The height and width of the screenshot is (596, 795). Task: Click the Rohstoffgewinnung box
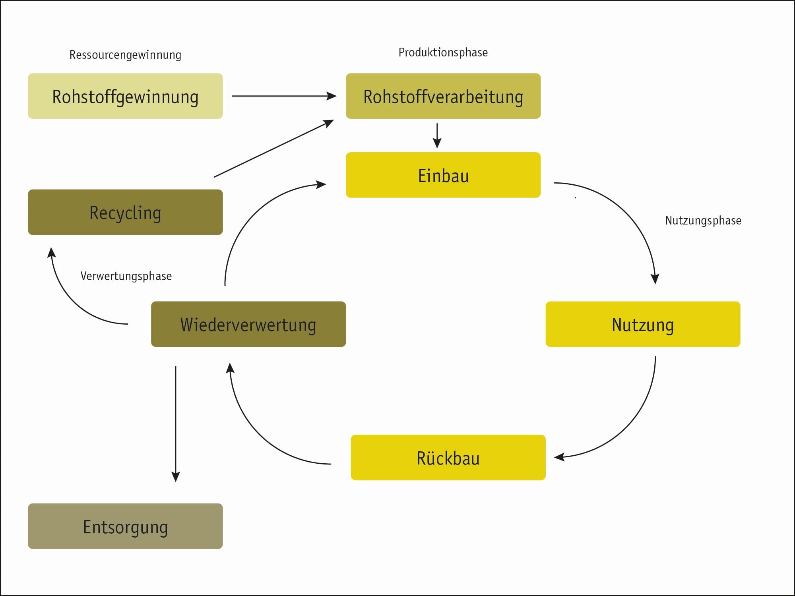(x=125, y=96)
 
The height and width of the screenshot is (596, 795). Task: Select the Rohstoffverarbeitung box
(x=443, y=96)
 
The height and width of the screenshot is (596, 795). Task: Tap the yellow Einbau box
(x=443, y=175)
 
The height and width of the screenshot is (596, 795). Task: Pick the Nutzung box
(x=643, y=324)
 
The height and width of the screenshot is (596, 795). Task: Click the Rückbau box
(x=448, y=457)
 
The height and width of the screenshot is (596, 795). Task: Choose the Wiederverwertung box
(x=248, y=324)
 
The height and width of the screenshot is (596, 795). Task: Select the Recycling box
(x=125, y=212)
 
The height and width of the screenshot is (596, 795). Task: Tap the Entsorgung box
(x=125, y=526)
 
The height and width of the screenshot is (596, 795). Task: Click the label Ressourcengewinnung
(x=125, y=55)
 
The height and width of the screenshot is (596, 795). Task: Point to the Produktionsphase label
(x=443, y=52)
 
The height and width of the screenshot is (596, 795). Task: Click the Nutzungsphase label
(x=703, y=221)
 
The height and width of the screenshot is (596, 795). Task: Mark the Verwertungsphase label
(x=126, y=276)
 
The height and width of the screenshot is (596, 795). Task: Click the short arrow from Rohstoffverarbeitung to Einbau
(x=437, y=135)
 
